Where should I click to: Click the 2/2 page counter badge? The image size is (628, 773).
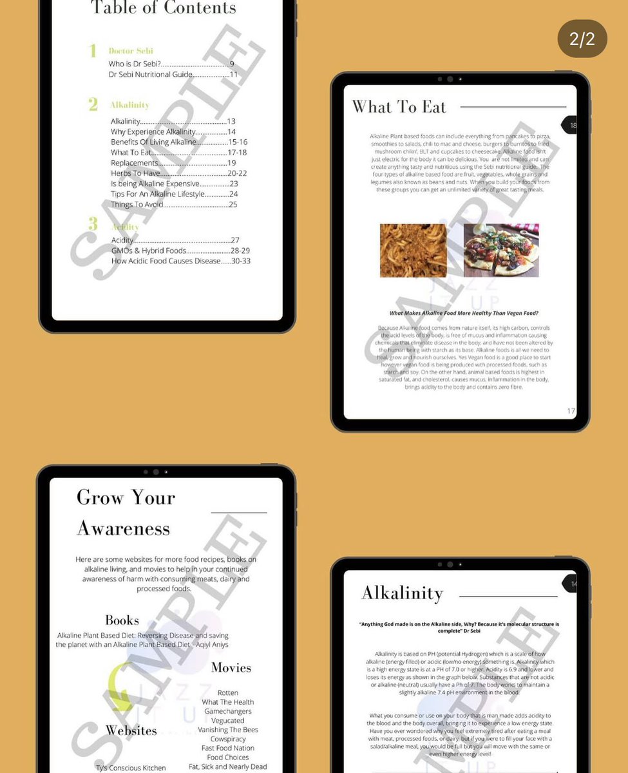[582, 39]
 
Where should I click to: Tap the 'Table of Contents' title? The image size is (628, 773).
[164, 8]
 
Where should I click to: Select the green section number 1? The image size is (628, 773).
[93, 51]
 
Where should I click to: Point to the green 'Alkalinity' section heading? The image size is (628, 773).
[129, 104]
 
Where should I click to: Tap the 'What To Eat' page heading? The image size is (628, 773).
[399, 107]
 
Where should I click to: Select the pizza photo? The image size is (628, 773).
[501, 251]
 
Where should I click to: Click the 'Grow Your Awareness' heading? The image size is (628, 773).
[126, 513]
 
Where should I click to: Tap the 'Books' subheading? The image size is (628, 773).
[122, 620]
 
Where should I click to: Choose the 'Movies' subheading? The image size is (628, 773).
[231, 667]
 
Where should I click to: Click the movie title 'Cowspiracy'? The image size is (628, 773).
[228, 739]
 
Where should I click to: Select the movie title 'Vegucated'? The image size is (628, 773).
[227, 720]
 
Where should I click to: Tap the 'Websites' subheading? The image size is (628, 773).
[131, 730]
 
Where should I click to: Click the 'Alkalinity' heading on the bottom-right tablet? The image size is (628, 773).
[402, 593]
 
